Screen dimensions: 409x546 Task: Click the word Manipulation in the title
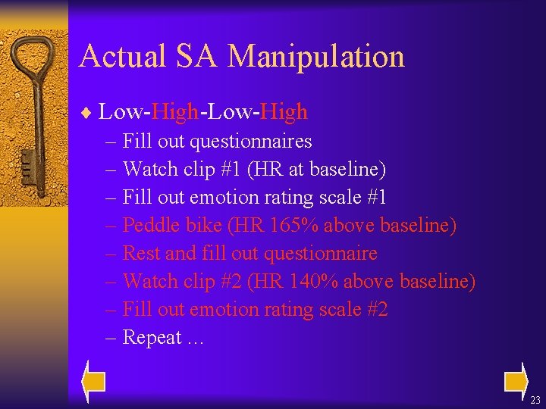point(316,57)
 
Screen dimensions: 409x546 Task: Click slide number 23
point(535,400)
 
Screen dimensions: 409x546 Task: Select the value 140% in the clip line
point(312,281)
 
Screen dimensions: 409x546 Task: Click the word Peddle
point(146,225)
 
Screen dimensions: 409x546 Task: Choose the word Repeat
point(152,338)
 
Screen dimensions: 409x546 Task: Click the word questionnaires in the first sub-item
point(250,142)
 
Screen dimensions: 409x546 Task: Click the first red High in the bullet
point(175,112)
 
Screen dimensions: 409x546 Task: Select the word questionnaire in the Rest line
point(318,253)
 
